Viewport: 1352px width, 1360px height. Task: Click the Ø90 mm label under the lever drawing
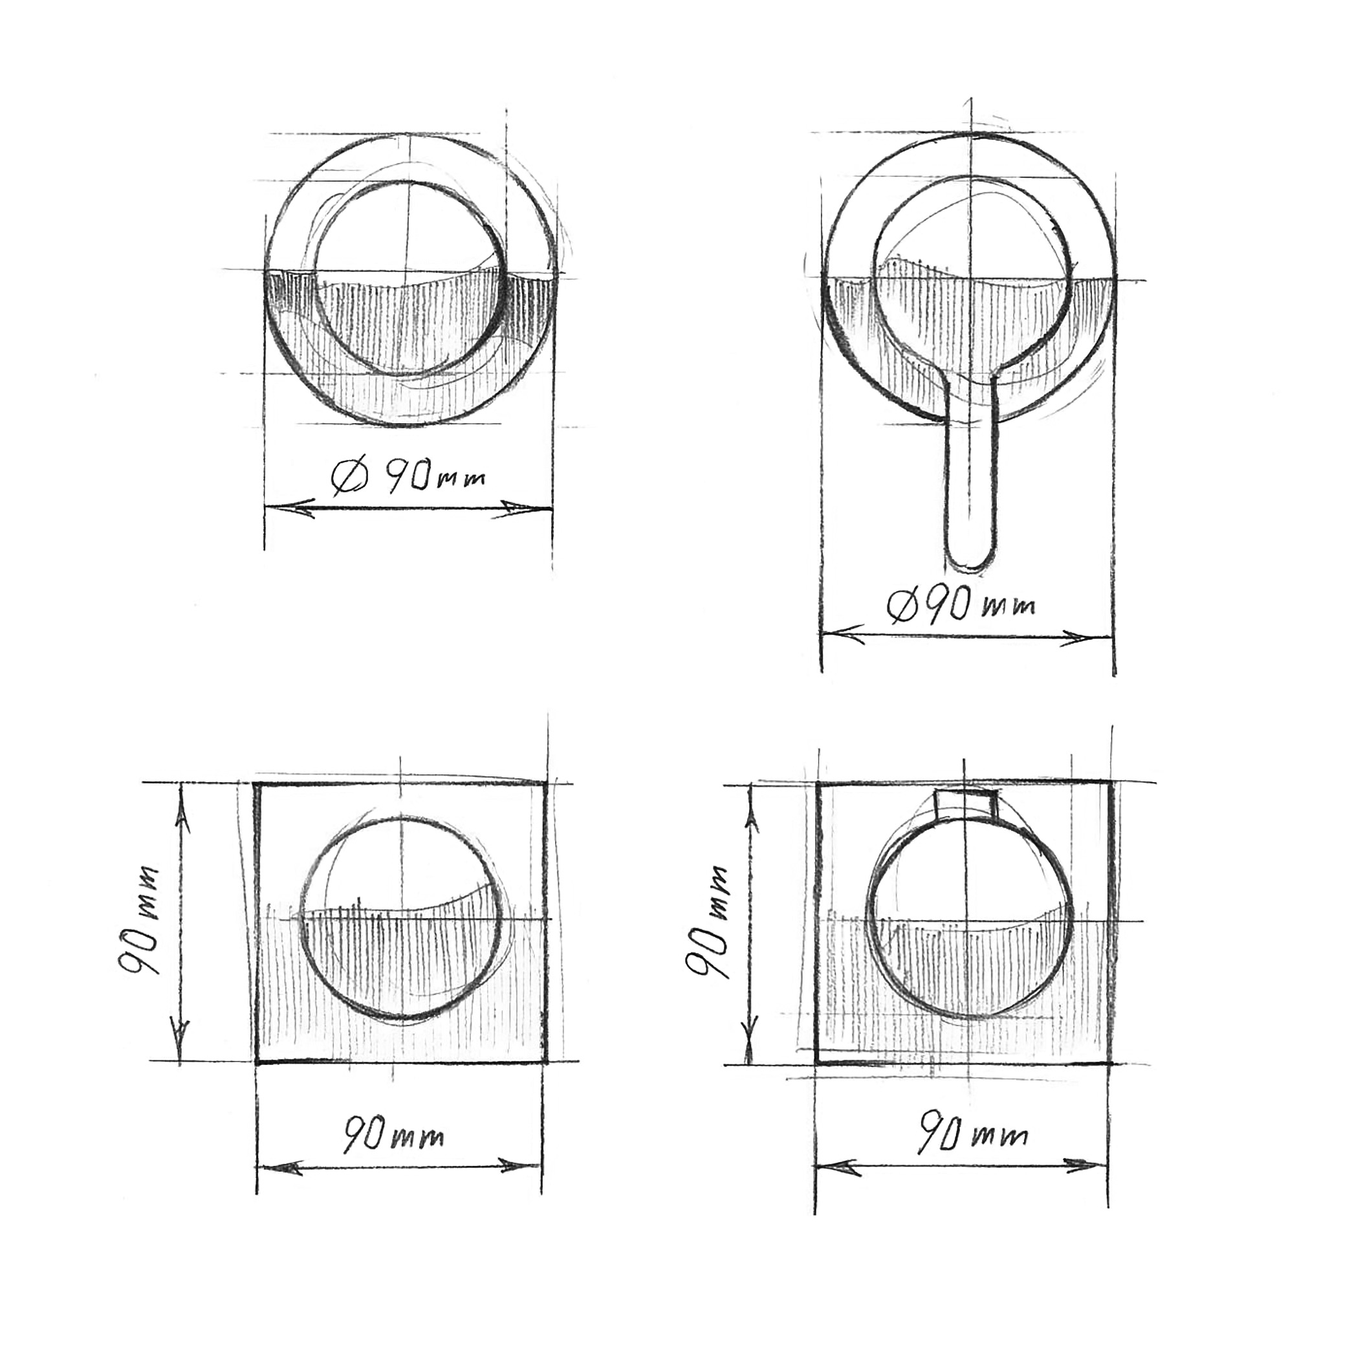pyautogui.click(x=962, y=605)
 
